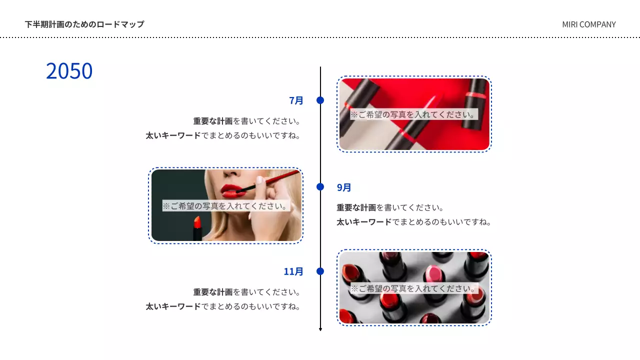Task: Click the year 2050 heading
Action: (x=69, y=71)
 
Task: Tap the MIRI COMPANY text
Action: (x=588, y=24)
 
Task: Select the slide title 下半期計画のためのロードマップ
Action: (x=84, y=24)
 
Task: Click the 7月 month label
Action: (x=296, y=100)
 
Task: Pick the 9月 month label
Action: (x=344, y=187)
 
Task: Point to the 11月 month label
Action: (x=293, y=271)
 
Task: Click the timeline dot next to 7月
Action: (x=320, y=100)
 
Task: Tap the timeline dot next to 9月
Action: (x=320, y=187)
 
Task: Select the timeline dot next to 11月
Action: (x=320, y=271)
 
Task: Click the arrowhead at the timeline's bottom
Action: (x=320, y=329)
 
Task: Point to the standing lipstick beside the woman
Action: (x=197, y=228)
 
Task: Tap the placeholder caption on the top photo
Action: (x=413, y=114)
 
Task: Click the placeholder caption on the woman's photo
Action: (x=226, y=206)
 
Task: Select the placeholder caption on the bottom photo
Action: (x=414, y=288)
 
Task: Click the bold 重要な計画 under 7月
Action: (x=213, y=121)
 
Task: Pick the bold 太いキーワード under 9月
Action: (x=364, y=222)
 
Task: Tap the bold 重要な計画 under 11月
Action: (x=213, y=292)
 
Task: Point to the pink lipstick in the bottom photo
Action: (x=433, y=273)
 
